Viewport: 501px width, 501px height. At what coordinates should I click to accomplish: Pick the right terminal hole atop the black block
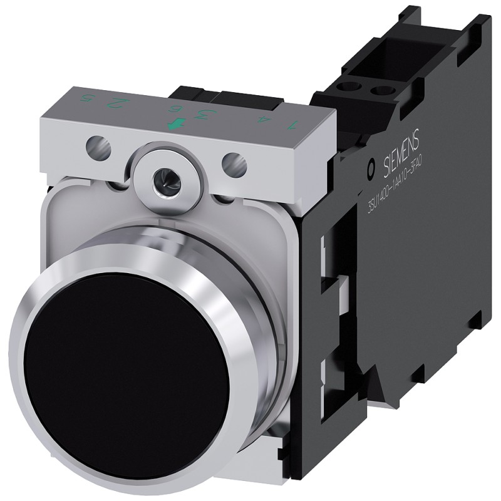378,93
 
